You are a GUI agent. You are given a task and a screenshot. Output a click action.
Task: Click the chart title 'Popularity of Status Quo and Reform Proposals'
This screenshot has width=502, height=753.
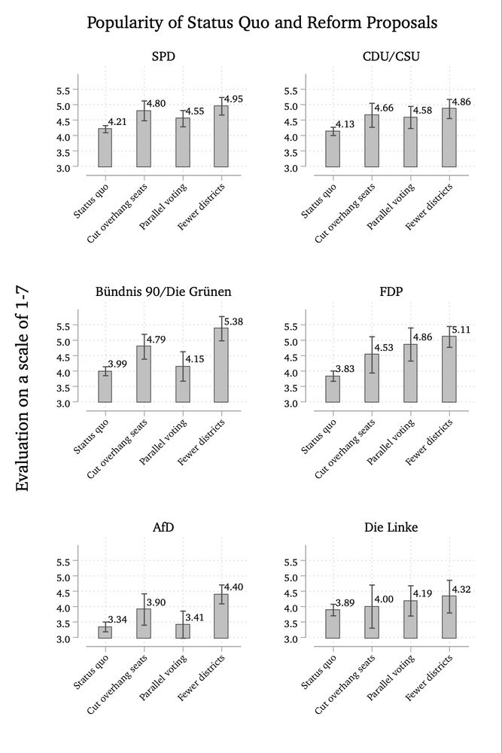(x=262, y=23)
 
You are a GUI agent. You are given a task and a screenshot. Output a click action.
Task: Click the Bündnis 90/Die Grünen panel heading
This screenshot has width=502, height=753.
(x=163, y=291)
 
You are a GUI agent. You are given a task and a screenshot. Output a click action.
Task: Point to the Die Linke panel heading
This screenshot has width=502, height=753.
(x=391, y=527)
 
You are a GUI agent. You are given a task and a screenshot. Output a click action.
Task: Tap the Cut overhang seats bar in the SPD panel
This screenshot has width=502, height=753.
(x=144, y=139)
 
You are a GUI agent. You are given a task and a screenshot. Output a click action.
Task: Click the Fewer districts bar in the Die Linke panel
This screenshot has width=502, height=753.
(x=449, y=617)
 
